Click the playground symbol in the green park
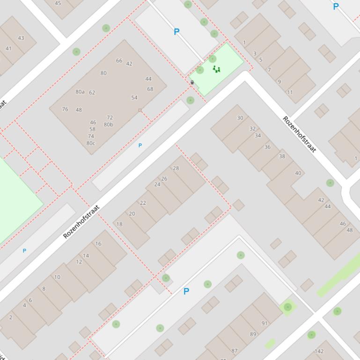pyautogui.click(x=216, y=69)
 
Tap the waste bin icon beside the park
pyautogui.click(x=192, y=82)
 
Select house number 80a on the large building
pyautogui.click(x=80, y=92)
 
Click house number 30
pyautogui.click(x=240, y=118)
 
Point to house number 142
pyautogui.click(x=319, y=351)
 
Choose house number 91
pyautogui.click(x=265, y=323)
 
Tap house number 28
pyautogui.click(x=176, y=168)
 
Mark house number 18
pyautogui.click(x=119, y=224)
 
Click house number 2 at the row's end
pyautogui.click(x=11, y=317)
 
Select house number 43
pyautogui.click(x=21, y=38)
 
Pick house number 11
pyautogui.click(x=290, y=92)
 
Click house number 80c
pyautogui.click(x=91, y=143)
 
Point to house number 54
pyautogui.click(x=134, y=98)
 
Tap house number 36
pyautogui.click(x=267, y=147)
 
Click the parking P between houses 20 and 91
pyautogui.click(x=186, y=291)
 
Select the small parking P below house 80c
pyautogui.click(x=140, y=145)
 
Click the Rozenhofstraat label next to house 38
pyautogui.click(x=300, y=134)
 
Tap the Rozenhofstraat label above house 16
pyautogui.click(x=81, y=222)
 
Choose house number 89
pyautogui.click(x=253, y=334)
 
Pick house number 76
pyautogui.click(x=65, y=109)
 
